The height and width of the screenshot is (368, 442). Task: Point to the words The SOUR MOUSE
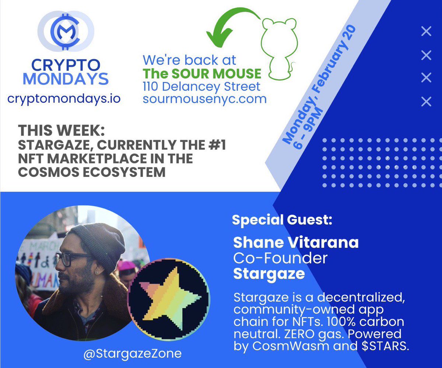[202, 73]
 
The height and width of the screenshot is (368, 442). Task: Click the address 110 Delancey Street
[201, 87]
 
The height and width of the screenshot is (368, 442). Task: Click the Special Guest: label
[282, 220]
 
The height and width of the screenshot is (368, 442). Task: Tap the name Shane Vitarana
[296, 243]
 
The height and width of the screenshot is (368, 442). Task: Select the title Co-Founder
[280, 258]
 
